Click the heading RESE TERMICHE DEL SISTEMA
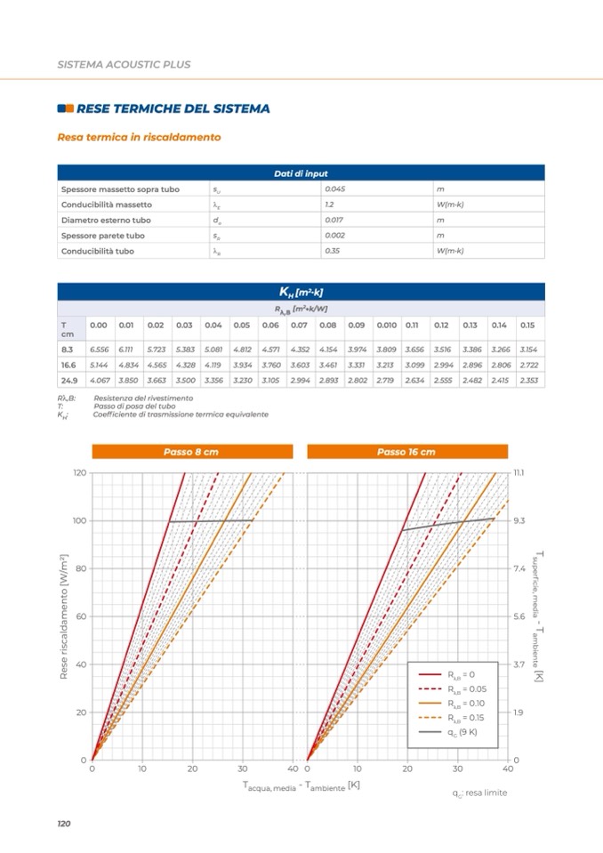[x=173, y=109]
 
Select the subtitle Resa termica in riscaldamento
[x=139, y=138]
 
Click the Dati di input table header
[x=301, y=173]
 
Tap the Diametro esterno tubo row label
[x=106, y=220]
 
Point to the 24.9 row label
[x=67, y=381]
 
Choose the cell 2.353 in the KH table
[x=528, y=381]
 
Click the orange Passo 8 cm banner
[x=191, y=452]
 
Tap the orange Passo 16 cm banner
[x=406, y=452]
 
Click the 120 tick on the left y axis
[x=78, y=472]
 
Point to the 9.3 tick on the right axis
[x=520, y=520]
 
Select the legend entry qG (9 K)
[x=462, y=732]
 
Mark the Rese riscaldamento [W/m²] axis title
[x=64, y=616]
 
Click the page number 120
[x=63, y=825]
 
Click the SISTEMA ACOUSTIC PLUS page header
[x=124, y=65]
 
